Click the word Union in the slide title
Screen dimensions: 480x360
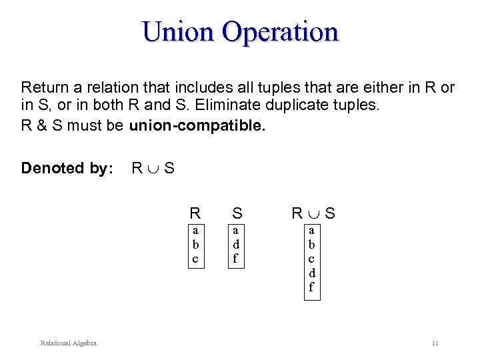pyautogui.click(x=179, y=31)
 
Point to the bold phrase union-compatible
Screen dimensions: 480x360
pyautogui.click(x=197, y=126)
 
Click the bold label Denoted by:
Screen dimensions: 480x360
pyautogui.click(x=65, y=168)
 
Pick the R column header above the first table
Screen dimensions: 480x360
pyautogui.click(x=195, y=214)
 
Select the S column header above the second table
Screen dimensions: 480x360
pyautogui.click(x=237, y=214)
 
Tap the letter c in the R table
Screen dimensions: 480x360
pyautogui.click(x=195, y=258)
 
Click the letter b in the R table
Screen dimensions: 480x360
pyautogui.click(x=195, y=244)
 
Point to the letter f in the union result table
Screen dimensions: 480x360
pyautogui.click(x=311, y=288)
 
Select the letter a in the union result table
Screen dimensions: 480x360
pyautogui.click(x=311, y=230)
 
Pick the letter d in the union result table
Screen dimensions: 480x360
pyautogui.click(x=311, y=273)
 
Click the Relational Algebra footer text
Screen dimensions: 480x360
pyautogui.click(x=68, y=343)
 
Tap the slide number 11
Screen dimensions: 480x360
pyautogui.click(x=435, y=343)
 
